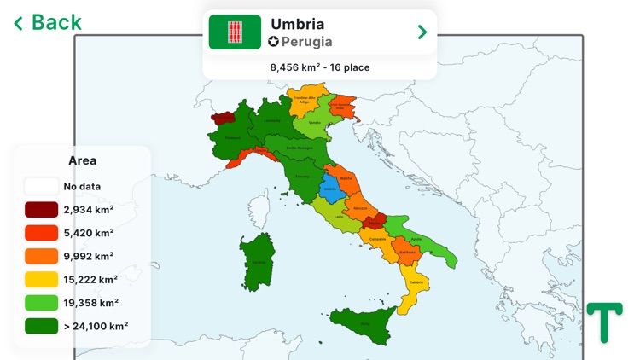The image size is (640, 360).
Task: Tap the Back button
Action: [x=48, y=22]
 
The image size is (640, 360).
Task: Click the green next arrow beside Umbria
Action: [x=422, y=32]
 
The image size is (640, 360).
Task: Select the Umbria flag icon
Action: [x=235, y=32]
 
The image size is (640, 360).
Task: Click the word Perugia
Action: [x=306, y=41]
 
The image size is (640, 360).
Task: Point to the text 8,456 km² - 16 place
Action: [x=320, y=67]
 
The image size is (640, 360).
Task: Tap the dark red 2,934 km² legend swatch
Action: [x=42, y=209]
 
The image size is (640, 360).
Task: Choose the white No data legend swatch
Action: [x=42, y=186]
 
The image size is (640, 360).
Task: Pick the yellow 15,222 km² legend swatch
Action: [x=42, y=279]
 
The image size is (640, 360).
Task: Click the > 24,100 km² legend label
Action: [x=96, y=326]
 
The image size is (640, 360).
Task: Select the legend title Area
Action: [x=83, y=160]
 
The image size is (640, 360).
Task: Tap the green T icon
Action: [x=604, y=322]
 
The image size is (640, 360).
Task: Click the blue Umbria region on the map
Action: [x=329, y=189]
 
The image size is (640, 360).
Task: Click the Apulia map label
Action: [x=416, y=239]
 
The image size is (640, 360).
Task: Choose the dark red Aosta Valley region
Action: [x=224, y=119]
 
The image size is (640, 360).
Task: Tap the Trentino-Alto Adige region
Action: [x=308, y=97]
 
